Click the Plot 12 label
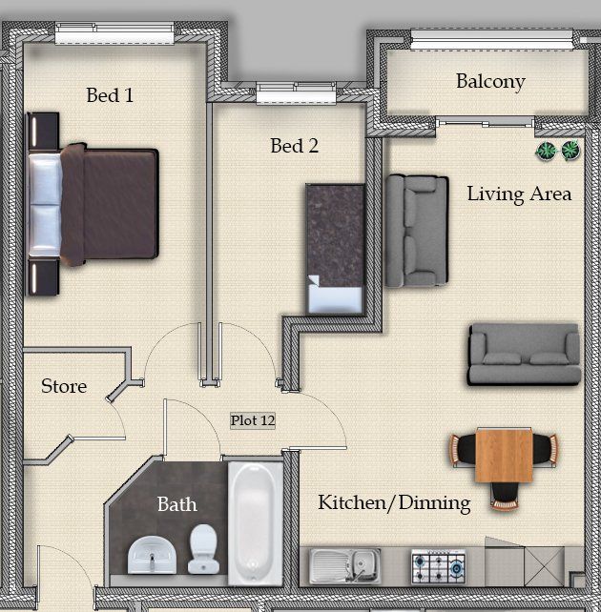click(x=253, y=420)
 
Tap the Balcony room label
click(x=490, y=82)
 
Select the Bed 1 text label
click(x=110, y=95)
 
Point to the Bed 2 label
click(x=295, y=146)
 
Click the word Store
click(x=64, y=386)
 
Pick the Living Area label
click(x=519, y=194)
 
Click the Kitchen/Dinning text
click(x=394, y=502)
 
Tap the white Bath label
click(x=176, y=504)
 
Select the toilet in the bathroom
click(x=203, y=549)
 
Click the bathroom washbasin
click(x=152, y=555)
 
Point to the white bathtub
click(x=256, y=523)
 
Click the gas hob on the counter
click(x=439, y=566)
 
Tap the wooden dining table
click(x=504, y=455)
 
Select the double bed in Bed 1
click(x=93, y=204)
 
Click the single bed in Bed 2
click(x=335, y=249)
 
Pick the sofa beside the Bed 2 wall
click(x=417, y=231)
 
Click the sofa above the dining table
click(x=525, y=354)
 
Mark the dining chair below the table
click(x=505, y=497)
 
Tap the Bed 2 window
click(x=296, y=92)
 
